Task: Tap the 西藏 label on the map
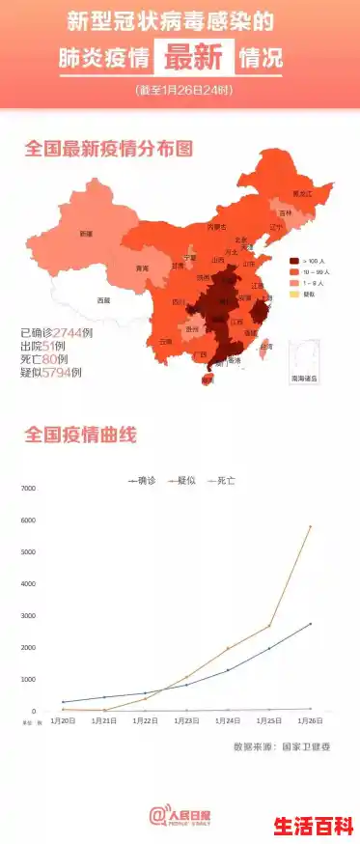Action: tap(103, 300)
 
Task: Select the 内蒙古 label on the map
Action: tap(217, 227)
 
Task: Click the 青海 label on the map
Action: tap(142, 267)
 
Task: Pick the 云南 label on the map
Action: tap(166, 341)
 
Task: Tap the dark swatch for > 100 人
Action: tap(294, 261)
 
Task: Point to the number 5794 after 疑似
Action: tap(64, 372)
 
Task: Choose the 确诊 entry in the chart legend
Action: tap(142, 479)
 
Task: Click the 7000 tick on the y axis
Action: tap(28, 489)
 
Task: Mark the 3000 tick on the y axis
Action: tap(28, 616)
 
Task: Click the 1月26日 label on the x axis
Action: tap(310, 720)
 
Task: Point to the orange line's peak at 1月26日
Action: tap(311, 526)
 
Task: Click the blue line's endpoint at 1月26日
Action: tap(311, 624)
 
